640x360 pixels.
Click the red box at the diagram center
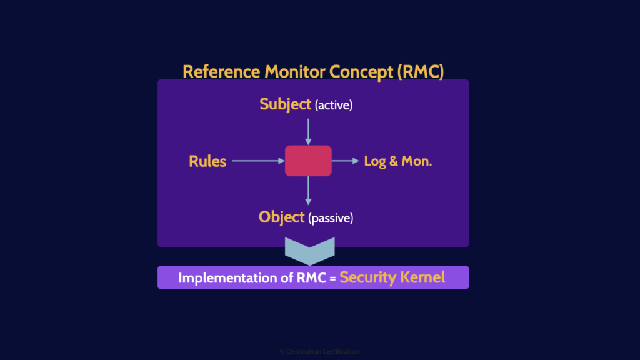pos(308,161)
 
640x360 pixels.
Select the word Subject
pos(285,104)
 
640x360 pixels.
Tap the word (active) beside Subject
pos(334,106)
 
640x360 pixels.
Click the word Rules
pos(207,161)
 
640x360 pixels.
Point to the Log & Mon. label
pos(398,161)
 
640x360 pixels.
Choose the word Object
pos(282,217)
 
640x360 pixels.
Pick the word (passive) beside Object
pos(331,219)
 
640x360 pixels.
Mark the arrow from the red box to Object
pos(308,191)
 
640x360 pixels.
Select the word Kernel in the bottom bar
pos(423,277)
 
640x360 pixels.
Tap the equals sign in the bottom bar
pos(333,278)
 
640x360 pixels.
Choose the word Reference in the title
pos(222,71)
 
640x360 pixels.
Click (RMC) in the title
pos(420,71)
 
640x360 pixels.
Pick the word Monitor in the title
pos(295,71)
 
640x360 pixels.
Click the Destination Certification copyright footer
pos(319,352)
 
